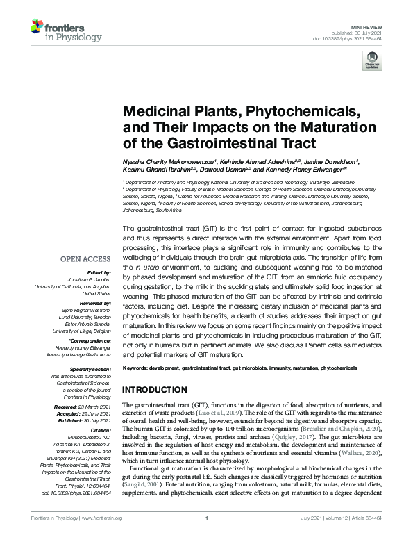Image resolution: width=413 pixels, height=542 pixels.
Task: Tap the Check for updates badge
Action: point(373,60)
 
